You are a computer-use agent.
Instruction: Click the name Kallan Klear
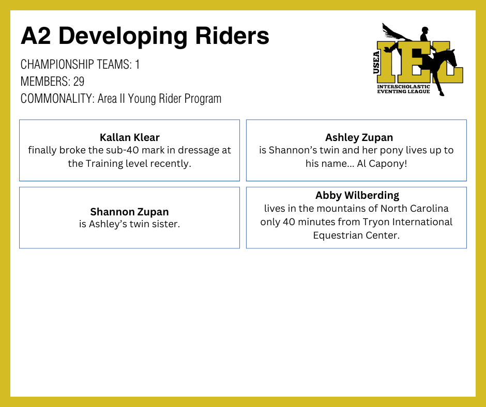click(130, 137)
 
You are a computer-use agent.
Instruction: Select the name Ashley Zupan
click(359, 137)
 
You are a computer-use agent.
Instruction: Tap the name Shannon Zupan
click(130, 212)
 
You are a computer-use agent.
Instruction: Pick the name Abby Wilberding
click(357, 195)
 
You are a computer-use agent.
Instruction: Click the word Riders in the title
click(232, 36)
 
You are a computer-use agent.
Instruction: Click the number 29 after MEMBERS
click(79, 82)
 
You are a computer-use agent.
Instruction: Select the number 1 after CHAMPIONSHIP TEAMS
click(138, 65)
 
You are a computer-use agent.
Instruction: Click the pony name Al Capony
click(382, 163)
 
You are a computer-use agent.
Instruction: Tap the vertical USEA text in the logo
click(376, 63)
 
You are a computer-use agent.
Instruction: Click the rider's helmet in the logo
click(425, 29)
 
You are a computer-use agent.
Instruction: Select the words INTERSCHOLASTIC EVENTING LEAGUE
click(403, 89)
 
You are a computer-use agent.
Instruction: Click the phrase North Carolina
click(415, 209)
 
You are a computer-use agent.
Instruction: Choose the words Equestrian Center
click(356, 236)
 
